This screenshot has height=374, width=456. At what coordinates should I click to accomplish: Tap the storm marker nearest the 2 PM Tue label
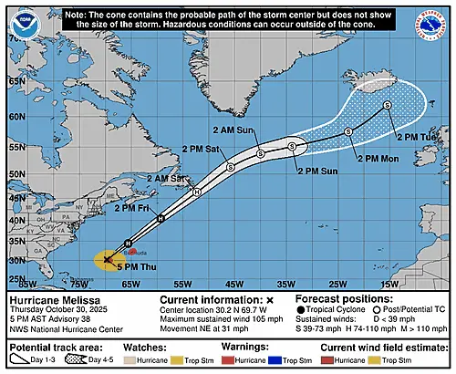pyautogui.click(x=388, y=106)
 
